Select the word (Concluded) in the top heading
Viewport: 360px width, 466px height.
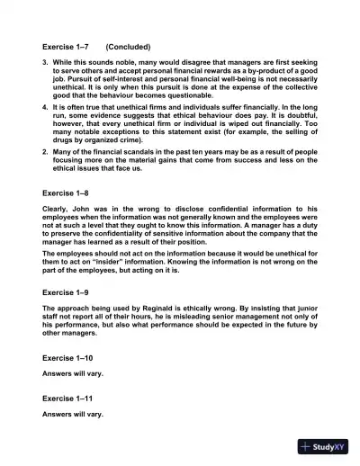pos(128,46)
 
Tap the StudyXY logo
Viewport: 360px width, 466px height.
pos(325,446)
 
